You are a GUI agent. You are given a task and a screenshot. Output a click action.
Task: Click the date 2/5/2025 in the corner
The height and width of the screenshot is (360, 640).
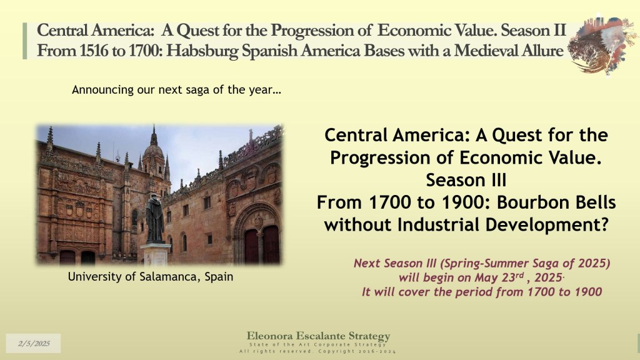click(34, 343)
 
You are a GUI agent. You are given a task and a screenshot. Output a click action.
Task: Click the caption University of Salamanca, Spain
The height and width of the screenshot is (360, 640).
click(151, 277)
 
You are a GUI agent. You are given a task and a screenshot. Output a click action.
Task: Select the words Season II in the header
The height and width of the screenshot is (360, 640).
click(534, 30)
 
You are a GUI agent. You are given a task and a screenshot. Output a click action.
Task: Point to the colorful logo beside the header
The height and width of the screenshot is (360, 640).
click(602, 45)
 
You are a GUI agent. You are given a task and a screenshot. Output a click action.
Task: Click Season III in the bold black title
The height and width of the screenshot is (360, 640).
click(466, 180)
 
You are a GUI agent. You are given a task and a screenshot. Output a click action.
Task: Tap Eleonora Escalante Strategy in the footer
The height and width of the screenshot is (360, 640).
click(318, 336)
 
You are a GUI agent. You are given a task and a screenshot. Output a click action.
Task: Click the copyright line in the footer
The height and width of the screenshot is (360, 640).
click(317, 351)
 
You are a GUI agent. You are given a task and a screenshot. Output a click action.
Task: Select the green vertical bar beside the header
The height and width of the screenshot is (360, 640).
click(25, 41)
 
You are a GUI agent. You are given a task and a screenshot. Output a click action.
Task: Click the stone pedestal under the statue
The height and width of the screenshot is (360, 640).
click(155, 254)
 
